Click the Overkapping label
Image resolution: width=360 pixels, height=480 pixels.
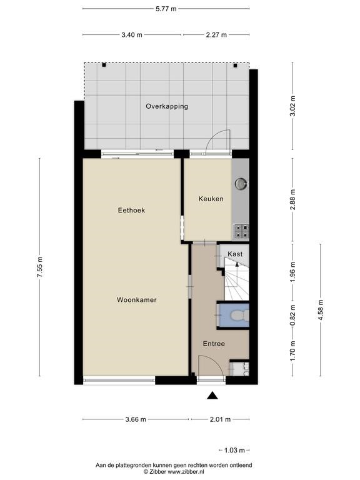point(167,106)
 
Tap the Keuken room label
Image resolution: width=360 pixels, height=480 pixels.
point(211,199)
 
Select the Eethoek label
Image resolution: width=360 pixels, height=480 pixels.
point(131,210)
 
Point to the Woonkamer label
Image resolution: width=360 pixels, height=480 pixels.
point(136,300)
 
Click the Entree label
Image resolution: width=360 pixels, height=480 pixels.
point(214,344)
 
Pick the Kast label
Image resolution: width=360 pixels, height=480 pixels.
point(235,254)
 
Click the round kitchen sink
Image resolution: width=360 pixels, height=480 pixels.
point(241,184)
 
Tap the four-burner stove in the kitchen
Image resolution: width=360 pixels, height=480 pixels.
point(241,231)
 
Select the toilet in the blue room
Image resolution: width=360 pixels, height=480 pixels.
point(240,315)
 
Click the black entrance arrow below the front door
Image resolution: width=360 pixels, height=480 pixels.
point(212,396)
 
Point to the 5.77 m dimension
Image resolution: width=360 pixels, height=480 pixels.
point(166,9)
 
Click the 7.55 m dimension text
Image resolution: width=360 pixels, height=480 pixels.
point(40,267)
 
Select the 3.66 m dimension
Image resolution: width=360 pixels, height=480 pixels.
point(136,419)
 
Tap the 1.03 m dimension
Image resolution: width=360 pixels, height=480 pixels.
point(234,450)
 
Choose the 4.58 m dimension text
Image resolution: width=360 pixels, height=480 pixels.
point(321,310)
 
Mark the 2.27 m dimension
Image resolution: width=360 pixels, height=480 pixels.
point(216,35)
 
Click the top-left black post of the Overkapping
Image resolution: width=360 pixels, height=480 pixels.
point(104,65)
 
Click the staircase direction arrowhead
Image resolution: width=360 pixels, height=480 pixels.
point(237,264)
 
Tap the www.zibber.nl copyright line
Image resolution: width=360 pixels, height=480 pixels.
point(174,472)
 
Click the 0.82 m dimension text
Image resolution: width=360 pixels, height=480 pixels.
point(293,316)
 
